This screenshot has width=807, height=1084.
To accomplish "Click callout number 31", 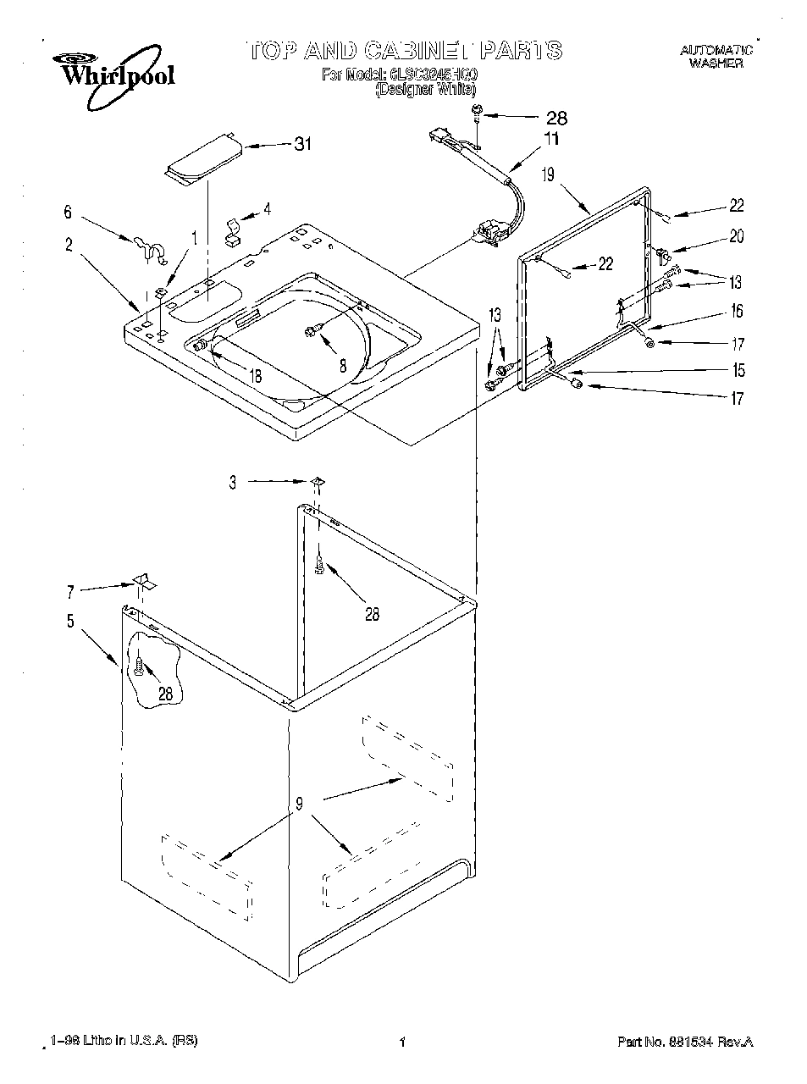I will pos(302,145).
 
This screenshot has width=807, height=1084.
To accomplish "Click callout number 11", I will pos(551,139).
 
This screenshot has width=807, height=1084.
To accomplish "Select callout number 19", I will pos(548,175).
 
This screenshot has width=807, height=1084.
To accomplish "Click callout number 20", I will pos(736,237).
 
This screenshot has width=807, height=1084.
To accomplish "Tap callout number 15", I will pos(738,370).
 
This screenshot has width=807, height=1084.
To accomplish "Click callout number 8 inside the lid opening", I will pos(342,367).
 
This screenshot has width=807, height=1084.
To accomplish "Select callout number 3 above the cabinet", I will pos(233,483).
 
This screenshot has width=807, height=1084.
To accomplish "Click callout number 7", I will pos(70,592).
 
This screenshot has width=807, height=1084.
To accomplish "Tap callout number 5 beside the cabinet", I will pos(70,622).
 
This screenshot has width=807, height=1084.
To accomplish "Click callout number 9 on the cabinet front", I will pos(299,805).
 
